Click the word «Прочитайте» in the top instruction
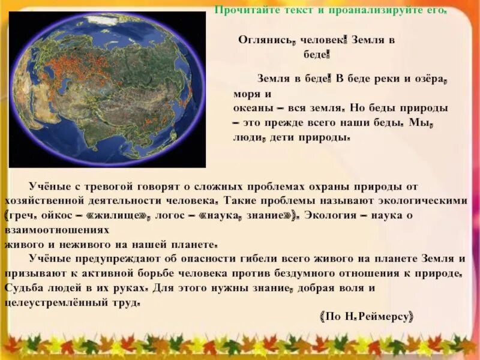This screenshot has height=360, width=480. coord(245,10)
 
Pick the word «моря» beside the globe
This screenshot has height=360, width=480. coord(246,94)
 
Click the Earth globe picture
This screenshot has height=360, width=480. coord(107,90)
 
